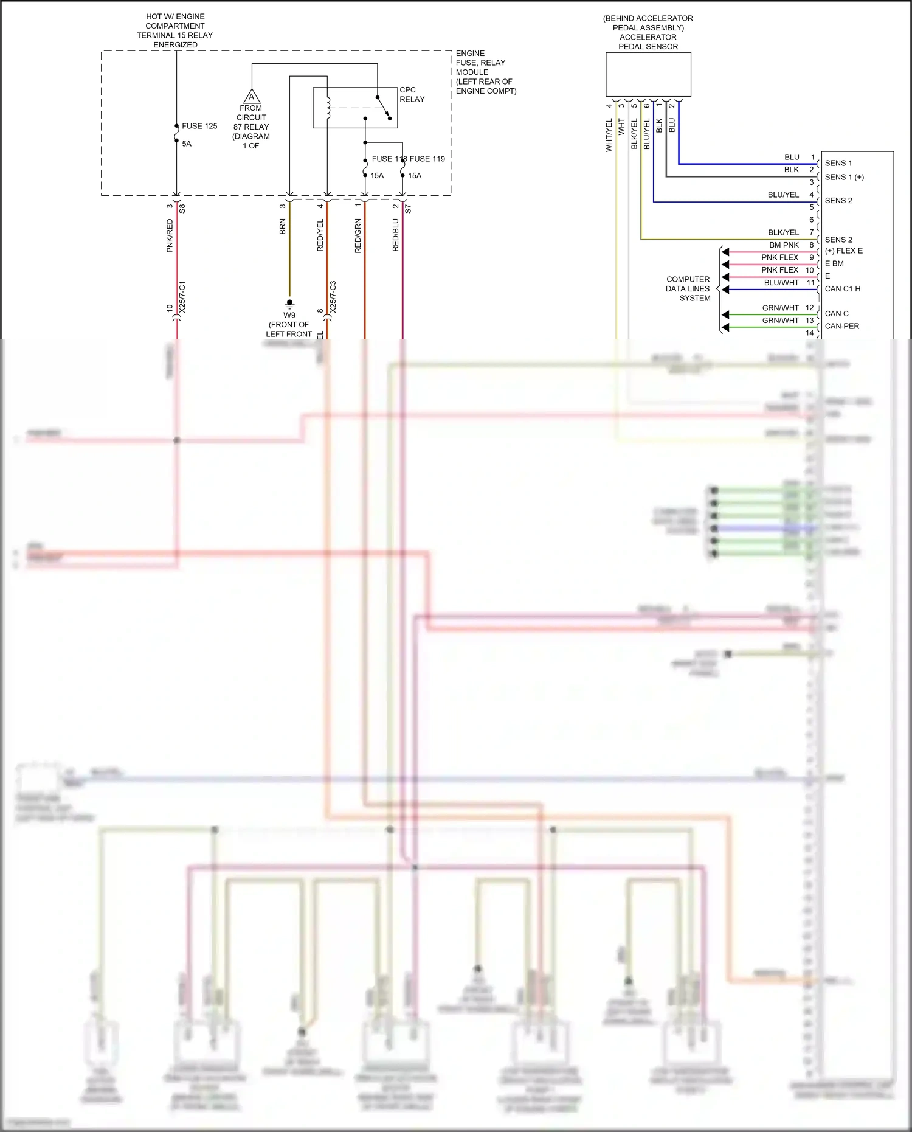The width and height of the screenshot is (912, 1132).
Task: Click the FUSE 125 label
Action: [199, 126]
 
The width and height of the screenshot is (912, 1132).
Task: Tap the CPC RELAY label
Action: [412, 94]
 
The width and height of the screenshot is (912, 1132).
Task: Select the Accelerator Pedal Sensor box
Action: [648, 74]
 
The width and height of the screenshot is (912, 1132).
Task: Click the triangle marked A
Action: [252, 97]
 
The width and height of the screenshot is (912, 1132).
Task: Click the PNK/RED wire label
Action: [170, 236]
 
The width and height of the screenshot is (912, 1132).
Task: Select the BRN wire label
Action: [282, 227]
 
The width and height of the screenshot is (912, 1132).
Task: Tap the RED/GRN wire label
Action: [358, 236]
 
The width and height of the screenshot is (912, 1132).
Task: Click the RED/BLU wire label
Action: [395, 235]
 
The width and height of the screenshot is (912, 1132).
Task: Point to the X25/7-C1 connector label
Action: [182, 297]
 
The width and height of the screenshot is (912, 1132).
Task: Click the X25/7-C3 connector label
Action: [333, 297]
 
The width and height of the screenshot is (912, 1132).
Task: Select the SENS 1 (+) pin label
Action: [844, 177]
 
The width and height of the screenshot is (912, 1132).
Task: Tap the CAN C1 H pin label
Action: [842, 289]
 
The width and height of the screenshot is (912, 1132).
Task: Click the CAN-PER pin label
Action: [841, 326]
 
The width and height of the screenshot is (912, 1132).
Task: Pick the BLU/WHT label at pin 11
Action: [781, 282]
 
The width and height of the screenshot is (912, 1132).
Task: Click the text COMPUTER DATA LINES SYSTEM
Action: [688, 289]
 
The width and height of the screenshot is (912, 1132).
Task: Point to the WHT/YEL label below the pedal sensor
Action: [609, 135]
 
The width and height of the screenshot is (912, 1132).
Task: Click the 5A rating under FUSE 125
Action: [187, 144]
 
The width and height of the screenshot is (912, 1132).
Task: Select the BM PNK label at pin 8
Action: [784, 245]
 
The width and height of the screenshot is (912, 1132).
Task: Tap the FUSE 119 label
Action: [427, 159]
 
